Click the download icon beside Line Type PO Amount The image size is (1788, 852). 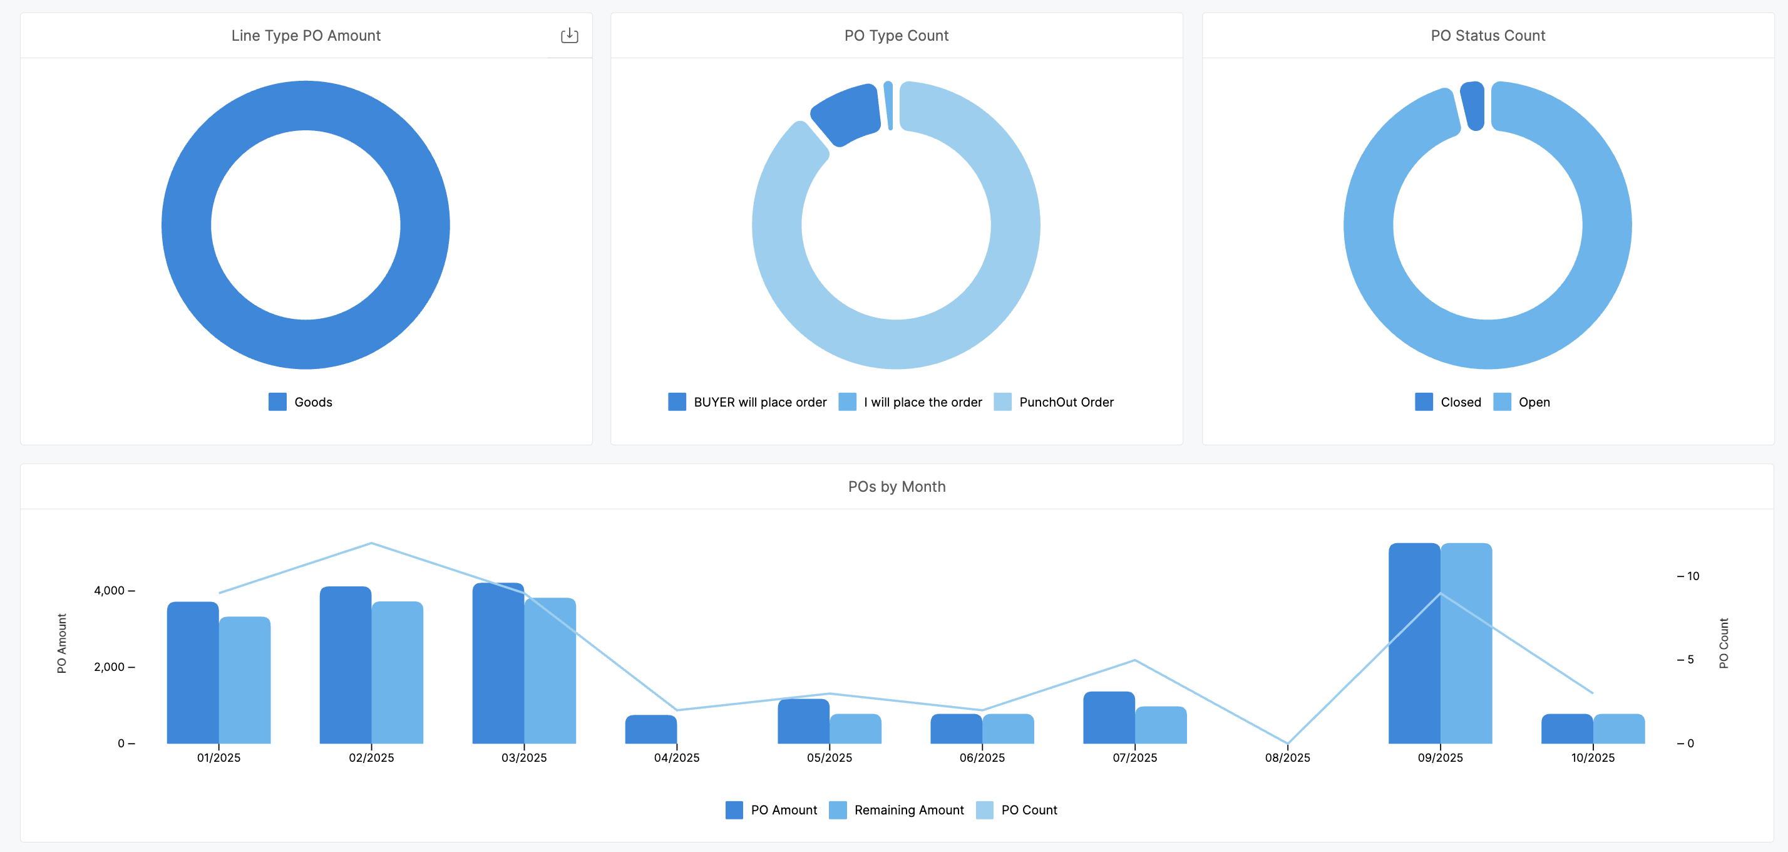(569, 36)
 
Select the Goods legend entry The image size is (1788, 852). (301, 402)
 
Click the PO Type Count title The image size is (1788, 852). (896, 36)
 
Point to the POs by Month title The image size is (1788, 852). (896, 487)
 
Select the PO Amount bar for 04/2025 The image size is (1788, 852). (650, 730)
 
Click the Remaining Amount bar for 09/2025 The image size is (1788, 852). (1466, 646)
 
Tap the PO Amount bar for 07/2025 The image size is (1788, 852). (1109, 718)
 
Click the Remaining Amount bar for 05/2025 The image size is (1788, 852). (855, 729)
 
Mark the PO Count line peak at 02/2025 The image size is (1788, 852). (371, 543)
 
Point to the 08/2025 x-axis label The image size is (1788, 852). (1287, 757)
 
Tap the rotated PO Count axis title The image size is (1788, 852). (1724, 643)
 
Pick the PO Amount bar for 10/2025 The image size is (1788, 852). (1566, 729)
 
